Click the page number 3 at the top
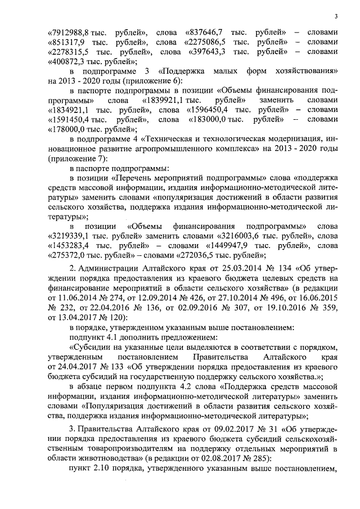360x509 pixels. tap(335, 16)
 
